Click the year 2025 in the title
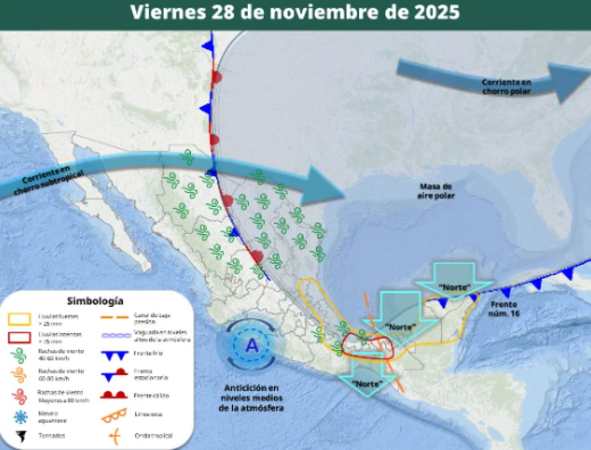tap(436, 13)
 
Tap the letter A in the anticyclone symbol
tap(252, 345)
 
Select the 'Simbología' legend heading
tap(95, 301)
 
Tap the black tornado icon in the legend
tap(20, 436)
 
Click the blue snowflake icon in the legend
tap(20, 416)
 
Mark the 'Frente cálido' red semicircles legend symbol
tap(115, 395)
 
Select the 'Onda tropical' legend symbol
tap(115, 436)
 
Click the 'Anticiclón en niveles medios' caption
tap(252, 398)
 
